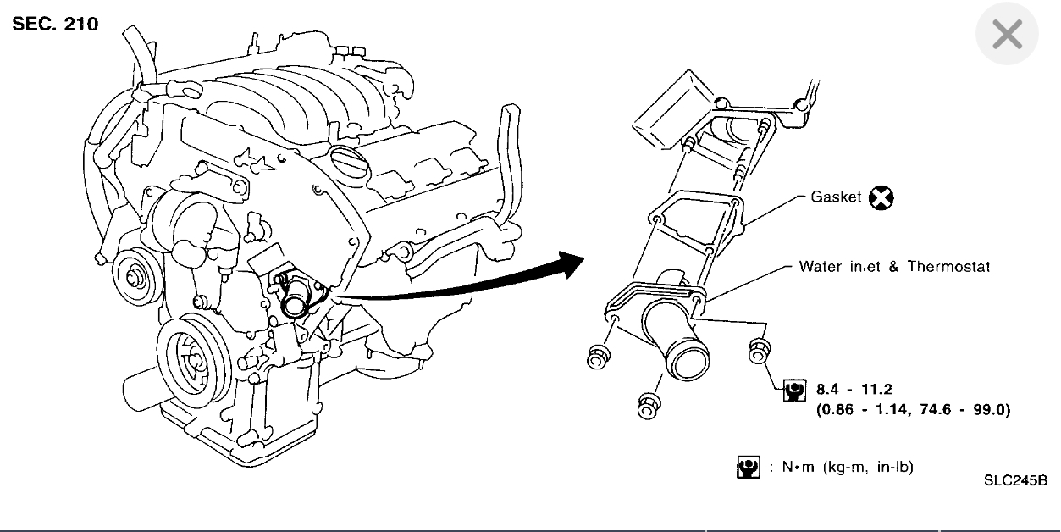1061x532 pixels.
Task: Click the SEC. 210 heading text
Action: tap(56, 23)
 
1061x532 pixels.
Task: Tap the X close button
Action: tap(1007, 35)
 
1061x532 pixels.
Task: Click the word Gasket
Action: tap(836, 197)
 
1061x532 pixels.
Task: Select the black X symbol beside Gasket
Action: tap(881, 198)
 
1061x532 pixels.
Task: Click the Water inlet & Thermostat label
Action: tap(894, 266)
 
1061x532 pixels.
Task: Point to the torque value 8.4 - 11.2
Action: tap(854, 391)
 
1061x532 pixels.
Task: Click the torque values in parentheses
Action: tap(913, 410)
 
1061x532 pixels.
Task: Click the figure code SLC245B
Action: tap(1015, 480)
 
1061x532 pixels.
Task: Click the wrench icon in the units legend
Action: tap(747, 467)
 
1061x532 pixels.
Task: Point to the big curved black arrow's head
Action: tap(571, 264)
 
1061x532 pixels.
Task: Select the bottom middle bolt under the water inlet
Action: tap(648, 405)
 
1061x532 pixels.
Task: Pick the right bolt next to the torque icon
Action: tap(759, 350)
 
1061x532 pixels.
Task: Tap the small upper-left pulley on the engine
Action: tap(133, 272)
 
